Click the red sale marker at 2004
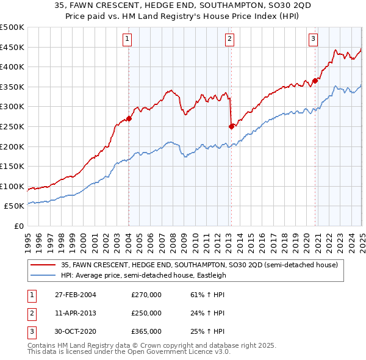[129, 118]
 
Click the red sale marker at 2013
[231, 126]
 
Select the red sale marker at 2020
[315, 81]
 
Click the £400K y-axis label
[12, 67]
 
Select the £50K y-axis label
[14, 206]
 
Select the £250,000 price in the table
[146, 313]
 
